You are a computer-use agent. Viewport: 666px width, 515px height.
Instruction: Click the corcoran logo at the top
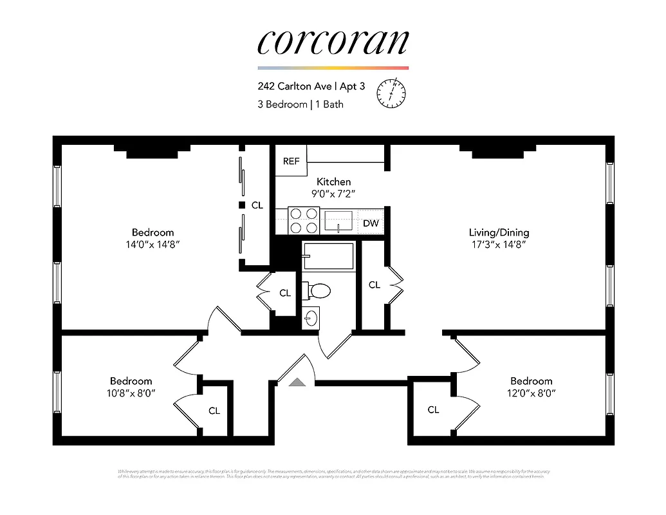pyautogui.click(x=333, y=42)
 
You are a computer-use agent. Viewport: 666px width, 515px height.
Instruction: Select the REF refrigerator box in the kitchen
pyautogui.click(x=291, y=161)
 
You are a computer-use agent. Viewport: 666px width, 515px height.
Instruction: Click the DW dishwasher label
pyautogui.click(x=371, y=223)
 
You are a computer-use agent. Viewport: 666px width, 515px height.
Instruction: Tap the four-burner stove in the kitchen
pyautogui.click(x=303, y=220)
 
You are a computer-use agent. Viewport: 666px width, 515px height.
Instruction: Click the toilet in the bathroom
pyautogui.click(x=317, y=291)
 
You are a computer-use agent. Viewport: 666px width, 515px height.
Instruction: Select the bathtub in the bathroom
pyautogui.click(x=328, y=256)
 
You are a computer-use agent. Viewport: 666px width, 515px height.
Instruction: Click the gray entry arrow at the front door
pyautogui.click(x=297, y=382)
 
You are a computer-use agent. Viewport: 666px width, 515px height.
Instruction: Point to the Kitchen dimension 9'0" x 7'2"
pyautogui.click(x=333, y=193)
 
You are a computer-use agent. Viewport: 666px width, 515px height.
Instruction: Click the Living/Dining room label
pyautogui.click(x=499, y=232)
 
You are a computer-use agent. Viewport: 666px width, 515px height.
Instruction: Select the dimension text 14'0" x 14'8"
pyautogui.click(x=153, y=245)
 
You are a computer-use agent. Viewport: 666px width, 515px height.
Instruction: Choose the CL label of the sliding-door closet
pyautogui.click(x=257, y=205)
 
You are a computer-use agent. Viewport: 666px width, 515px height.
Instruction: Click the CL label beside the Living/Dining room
pyautogui.click(x=374, y=285)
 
